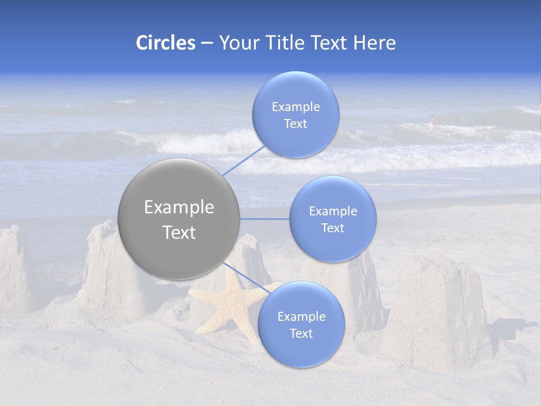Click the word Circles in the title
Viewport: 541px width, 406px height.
coord(166,43)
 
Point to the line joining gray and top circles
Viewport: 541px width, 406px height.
coord(243,161)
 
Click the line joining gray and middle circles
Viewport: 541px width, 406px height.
coord(264,219)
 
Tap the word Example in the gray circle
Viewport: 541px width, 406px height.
coord(179,208)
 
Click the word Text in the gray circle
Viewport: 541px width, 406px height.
coord(179,232)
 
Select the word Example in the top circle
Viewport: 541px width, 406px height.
coord(295,107)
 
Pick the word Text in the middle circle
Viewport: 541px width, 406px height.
coord(332,228)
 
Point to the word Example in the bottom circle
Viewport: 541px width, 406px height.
coord(301,317)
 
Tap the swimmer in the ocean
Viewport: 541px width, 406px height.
coord(433,119)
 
